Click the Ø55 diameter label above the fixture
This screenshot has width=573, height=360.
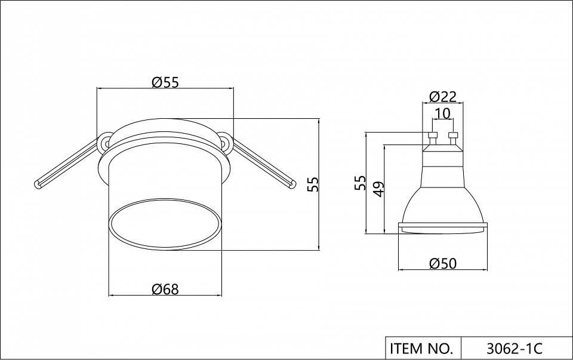pyautogui.click(x=165, y=82)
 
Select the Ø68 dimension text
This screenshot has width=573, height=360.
pyautogui.click(x=165, y=290)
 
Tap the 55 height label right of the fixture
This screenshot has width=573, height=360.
pyautogui.click(x=313, y=184)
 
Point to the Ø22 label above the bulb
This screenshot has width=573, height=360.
pyautogui.click(x=443, y=97)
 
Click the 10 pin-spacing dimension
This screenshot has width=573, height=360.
pyautogui.click(x=443, y=113)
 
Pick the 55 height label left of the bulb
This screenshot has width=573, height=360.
pyautogui.click(x=360, y=183)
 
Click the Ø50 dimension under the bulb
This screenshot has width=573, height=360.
pyautogui.click(x=443, y=263)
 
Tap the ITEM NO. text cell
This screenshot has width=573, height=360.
pyautogui.click(x=421, y=349)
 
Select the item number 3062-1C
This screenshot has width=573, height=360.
pyautogui.click(x=515, y=349)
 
